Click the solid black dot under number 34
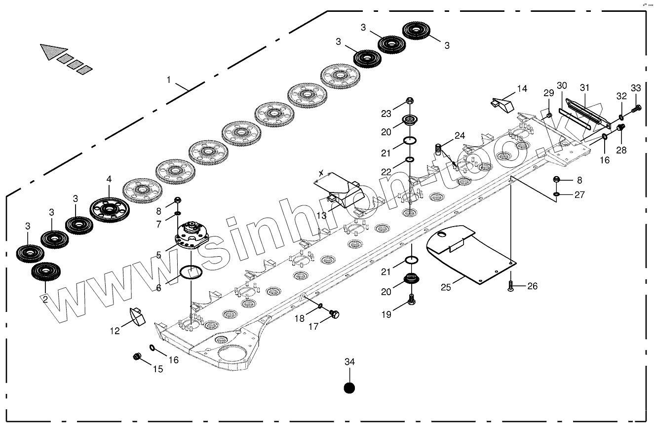click(x=349, y=388)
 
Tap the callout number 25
click(x=446, y=287)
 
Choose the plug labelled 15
click(x=138, y=356)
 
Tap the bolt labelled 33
click(x=637, y=107)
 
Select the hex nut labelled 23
click(x=410, y=101)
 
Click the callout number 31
click(x=585, y=87)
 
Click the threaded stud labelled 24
click(x=438, y=148)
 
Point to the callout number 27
click(x=579, y=195)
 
